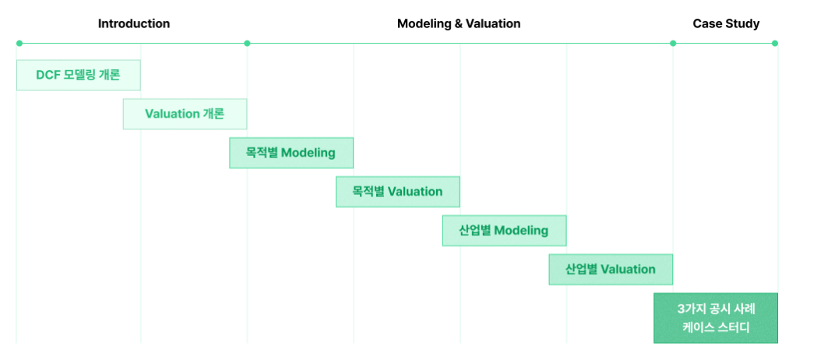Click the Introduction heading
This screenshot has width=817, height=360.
[134, 23]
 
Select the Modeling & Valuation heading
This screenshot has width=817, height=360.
[459, 23]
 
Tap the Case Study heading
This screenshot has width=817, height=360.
[726, 23]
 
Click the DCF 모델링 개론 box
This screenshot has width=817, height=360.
[78, 75]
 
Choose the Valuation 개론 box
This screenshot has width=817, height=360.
[185, 114]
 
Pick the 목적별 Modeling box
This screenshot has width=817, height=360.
[291, 153]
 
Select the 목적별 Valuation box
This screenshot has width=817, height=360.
[397, 192]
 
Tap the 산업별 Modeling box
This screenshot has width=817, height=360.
[505, 231]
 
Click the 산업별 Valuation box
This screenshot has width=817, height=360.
[611, 270]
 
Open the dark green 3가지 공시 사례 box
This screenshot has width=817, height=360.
[716, 318]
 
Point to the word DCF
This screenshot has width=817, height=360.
[48, 75]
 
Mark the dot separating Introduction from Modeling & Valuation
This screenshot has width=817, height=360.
[247, 43]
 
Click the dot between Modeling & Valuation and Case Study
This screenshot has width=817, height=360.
[673, 43]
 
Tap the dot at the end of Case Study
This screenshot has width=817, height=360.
[775, 43]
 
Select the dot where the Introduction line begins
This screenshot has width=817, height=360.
[19, 43]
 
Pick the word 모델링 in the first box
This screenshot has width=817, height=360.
[79, 75]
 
